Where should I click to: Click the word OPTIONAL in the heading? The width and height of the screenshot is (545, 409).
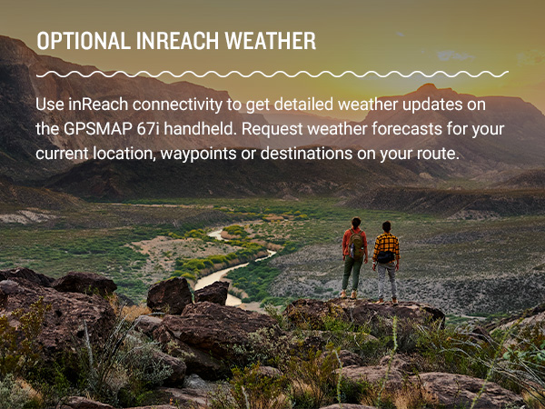point(77,43)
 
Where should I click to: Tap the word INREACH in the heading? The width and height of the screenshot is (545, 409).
point(171,43)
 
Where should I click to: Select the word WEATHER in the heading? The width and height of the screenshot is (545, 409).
point(271,43)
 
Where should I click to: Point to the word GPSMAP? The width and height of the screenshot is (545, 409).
point(95,129)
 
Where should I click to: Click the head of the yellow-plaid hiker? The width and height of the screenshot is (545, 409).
point(386,226)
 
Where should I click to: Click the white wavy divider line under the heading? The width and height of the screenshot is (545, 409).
point(272,74)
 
